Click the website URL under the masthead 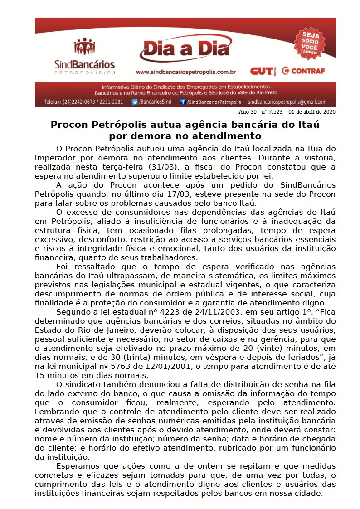pos(185,72)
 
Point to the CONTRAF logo pos(303,71)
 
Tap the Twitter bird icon pos(135,102)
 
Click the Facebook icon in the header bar pos(182,102)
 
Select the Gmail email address pos(287,102)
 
